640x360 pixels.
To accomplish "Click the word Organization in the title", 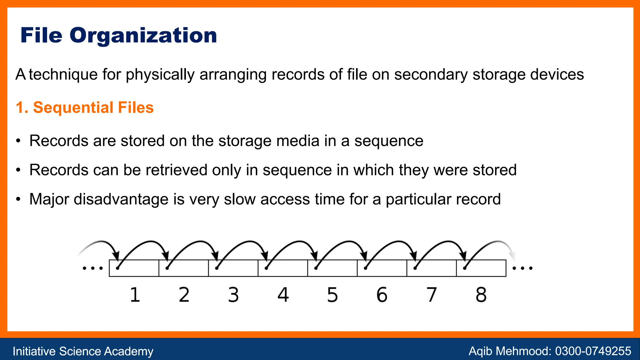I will pos(143,36).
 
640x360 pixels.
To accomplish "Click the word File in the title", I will pos(41,35).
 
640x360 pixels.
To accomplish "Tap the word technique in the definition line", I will pos(63,75).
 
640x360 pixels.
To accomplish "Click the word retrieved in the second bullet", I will pos(176,170).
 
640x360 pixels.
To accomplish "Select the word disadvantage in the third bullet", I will pos(121,199).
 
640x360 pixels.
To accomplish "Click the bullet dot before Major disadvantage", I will pos(19,199).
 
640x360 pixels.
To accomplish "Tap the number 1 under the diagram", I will pos(135,295).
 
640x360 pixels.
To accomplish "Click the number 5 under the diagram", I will pos(332,295).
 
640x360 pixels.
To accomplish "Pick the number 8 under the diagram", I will pos(481,295).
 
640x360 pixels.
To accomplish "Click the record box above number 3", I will pos(233,268).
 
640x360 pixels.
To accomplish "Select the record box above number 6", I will pos(382,268).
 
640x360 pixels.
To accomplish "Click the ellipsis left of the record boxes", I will pos(92,268).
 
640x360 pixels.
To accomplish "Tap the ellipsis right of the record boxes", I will pos(522,268).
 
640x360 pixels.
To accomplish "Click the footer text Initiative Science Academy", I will pos(83,351).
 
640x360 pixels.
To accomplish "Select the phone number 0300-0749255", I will pos(593,351).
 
